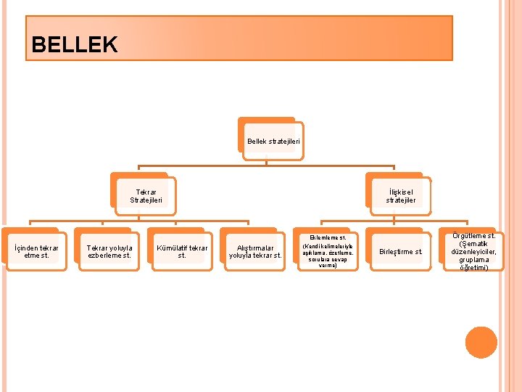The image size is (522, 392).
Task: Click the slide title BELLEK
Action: coord(74,45)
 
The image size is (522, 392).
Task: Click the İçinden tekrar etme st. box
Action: coord(36,252)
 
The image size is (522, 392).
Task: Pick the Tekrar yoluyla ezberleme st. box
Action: coord(109,252)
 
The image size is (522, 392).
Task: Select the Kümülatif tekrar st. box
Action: coord(182,252)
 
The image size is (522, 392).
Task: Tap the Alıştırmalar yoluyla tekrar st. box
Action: coord(255,252)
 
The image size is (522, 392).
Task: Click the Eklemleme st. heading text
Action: coord(328,237)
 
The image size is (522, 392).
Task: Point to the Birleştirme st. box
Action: coord(401,252)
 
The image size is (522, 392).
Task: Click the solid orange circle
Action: coord(481,343)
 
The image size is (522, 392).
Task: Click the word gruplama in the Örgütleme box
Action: coord(473,259)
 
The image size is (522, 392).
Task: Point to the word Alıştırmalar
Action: coord(255,248)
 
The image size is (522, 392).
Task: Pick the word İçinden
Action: coord(27,248)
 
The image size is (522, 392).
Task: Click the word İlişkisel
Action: coord(400,191)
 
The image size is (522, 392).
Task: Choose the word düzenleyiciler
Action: coord(473,251)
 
